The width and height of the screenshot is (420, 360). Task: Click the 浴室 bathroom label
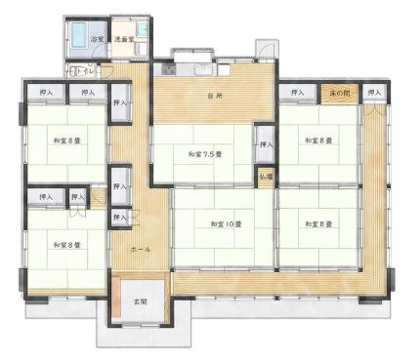[97, 40]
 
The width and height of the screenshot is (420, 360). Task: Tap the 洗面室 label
[126, 40]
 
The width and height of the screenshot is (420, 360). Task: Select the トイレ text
[85, 71]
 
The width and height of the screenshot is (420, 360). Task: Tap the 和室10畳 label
[225, 224]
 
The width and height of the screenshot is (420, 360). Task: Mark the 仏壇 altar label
[266, 177]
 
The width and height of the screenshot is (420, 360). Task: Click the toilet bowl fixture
[70, 71]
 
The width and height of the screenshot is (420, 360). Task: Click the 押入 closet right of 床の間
[375, 93]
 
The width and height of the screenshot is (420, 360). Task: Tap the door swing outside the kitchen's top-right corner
[264, 49]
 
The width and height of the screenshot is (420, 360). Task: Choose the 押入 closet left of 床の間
[297, 93]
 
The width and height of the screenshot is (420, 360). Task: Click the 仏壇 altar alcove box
[266, 177]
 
